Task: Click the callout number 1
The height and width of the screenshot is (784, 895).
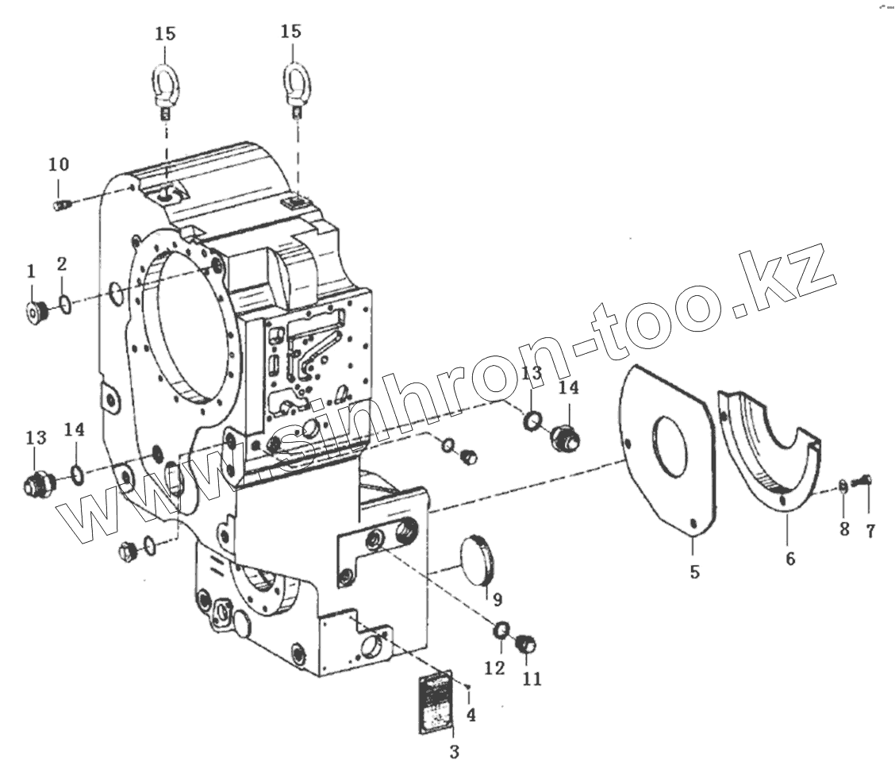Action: point(31,272)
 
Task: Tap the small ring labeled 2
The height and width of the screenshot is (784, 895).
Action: point(65,305)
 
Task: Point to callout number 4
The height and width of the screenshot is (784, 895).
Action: point(471,715)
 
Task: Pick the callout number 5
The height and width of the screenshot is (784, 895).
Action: point(694,571)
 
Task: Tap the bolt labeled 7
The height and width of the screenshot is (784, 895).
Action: point(862,480)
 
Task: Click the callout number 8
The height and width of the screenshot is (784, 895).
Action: point(844,529)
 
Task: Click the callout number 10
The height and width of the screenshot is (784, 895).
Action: point(59,164)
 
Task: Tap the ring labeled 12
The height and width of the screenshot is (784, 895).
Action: point(501,632)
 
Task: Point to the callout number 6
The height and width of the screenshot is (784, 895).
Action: point(789,559)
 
